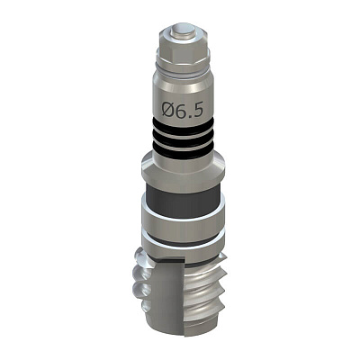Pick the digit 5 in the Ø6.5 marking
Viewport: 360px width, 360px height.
point(198,111)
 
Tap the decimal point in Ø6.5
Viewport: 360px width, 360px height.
point(190,115)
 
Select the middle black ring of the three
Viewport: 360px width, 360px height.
point(183,139)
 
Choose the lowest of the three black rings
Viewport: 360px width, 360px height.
point(183,153)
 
